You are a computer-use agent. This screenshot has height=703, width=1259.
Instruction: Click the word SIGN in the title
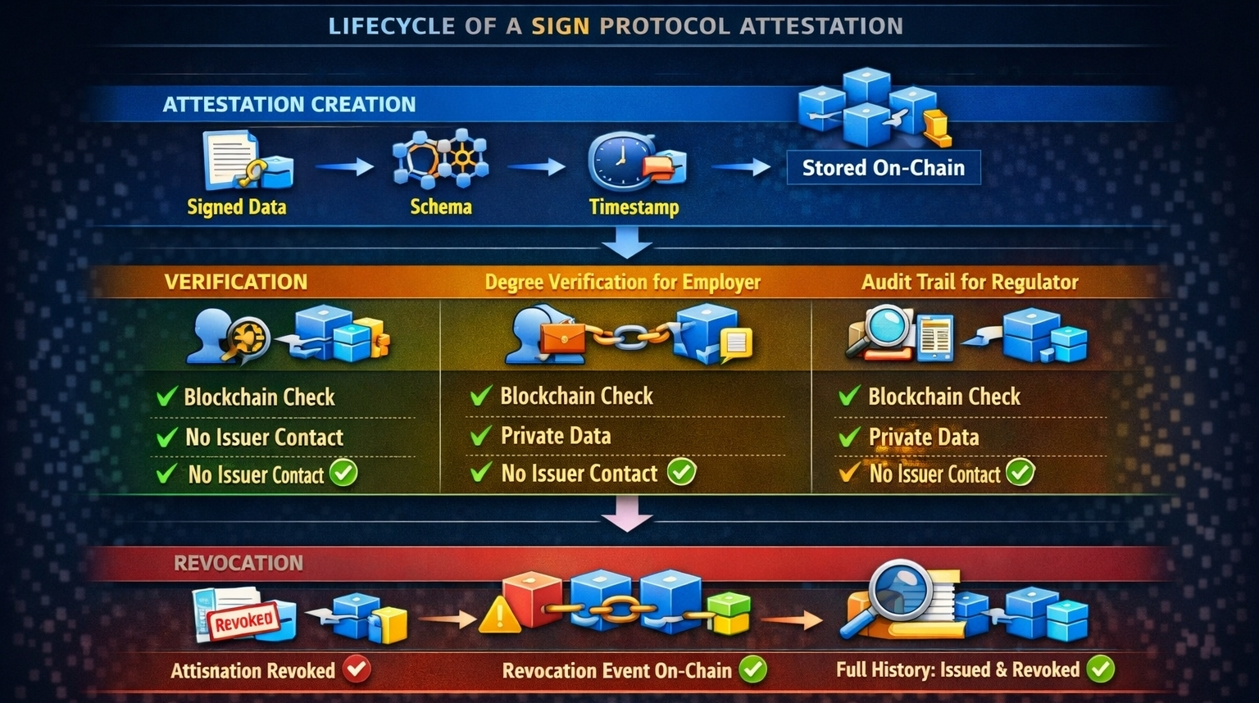click(560, 26)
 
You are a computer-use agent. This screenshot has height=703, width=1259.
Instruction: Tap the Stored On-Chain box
click(883, 168)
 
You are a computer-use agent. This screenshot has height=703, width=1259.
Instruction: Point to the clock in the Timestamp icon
click(616, 158)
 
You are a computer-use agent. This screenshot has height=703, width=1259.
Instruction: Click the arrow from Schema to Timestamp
click(536, 167)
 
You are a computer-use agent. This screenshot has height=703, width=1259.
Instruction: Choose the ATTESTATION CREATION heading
click(289, 105)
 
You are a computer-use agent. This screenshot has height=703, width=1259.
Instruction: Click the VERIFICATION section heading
click(236, 282)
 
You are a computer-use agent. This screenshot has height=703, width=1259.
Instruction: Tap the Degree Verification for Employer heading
click(622, 283)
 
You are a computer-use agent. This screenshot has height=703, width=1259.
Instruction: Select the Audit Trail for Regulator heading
click(970, 283)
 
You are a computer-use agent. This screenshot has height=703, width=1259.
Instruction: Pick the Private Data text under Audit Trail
click(924, 438)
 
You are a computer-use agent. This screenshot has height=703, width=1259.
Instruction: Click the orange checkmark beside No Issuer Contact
click(848, 473)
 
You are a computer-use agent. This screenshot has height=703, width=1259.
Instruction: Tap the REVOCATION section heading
click(239, 563)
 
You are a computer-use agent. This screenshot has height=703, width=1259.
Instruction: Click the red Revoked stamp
click(243, 619)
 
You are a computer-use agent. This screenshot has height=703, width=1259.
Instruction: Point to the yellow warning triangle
click(499, 615)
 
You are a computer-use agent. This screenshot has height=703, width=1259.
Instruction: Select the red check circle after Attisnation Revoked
click(357, 669)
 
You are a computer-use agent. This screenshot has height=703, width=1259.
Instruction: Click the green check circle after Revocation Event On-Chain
click(752, 669)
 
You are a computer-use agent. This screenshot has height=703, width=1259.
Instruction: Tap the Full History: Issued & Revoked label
click(957, 670)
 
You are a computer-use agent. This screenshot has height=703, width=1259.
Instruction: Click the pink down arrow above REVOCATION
click(627, 519)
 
